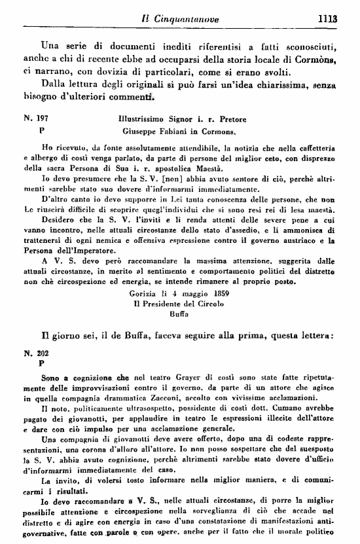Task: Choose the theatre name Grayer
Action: [x=143, y=378]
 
